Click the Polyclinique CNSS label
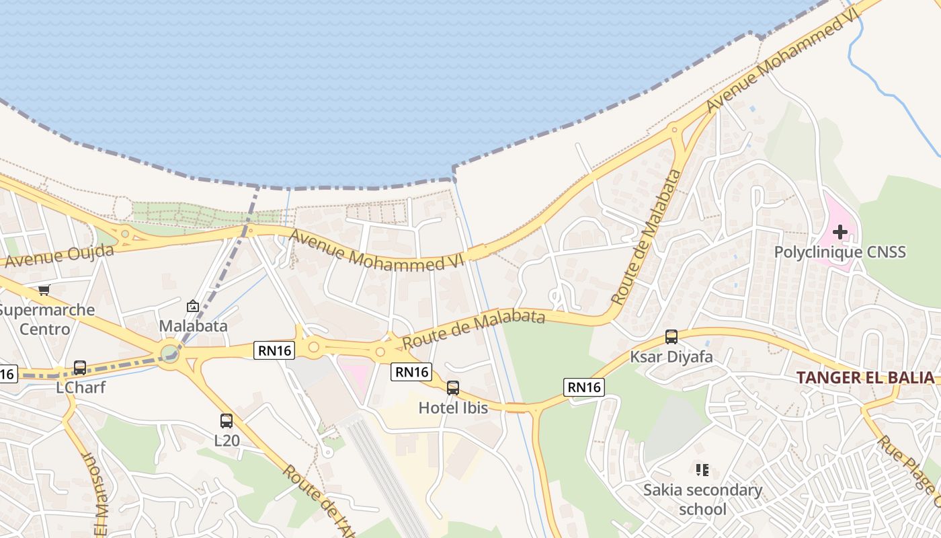[840, 252]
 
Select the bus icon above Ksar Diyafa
[671, 337]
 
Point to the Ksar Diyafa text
[671, 356]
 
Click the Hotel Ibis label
[453, 408]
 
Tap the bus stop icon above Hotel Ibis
[453, 387]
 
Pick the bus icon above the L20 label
[227, 421]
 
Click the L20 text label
[227, 441]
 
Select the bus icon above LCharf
[80, 368]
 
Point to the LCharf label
[80, 387]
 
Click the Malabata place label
[193, 326]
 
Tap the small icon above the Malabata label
[193, 307]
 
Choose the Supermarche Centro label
[45, 319]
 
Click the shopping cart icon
[44, 290]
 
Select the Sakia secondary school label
[702, 499]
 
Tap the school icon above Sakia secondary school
[702, 469]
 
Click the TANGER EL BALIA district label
[866, 377]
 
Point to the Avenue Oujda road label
[57, 256]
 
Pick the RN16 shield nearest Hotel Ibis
[411, 372]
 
